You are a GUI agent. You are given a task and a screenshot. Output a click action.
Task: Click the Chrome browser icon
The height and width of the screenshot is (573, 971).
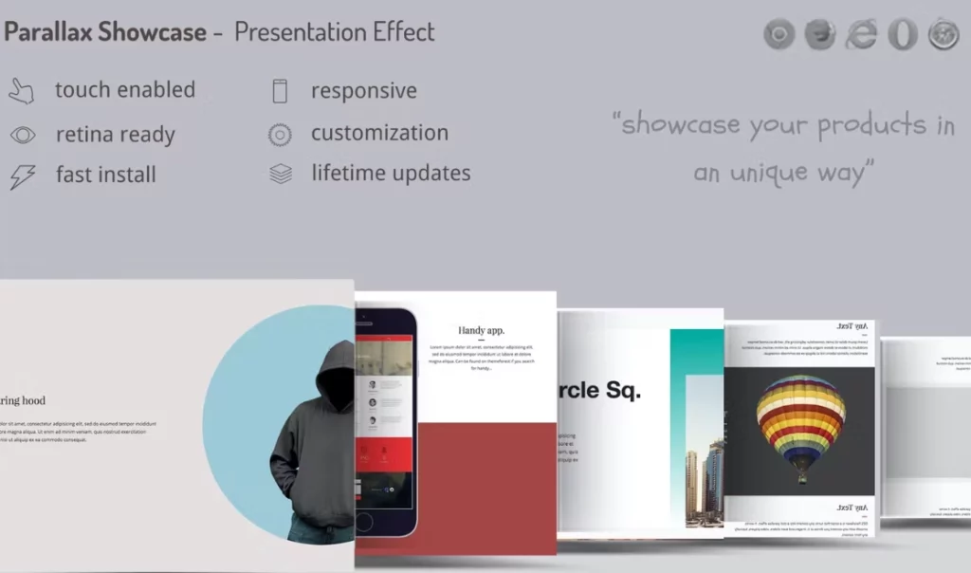click(779, 35)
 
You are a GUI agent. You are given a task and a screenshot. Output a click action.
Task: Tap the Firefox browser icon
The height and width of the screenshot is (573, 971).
click(820, 35)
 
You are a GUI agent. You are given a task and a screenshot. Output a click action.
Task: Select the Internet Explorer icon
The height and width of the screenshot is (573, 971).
click(861, 35)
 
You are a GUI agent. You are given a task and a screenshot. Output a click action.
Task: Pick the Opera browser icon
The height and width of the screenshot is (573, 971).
click(902, 35)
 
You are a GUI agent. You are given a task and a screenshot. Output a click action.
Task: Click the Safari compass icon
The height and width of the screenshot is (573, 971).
click(944, 35)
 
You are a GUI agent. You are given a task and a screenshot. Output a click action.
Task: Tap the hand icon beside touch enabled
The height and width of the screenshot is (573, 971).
click(21, 91)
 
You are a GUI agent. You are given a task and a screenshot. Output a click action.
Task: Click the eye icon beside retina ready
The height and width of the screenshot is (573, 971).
click(23, 135)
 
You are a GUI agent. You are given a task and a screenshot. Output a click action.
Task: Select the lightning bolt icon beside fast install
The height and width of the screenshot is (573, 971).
click(22, 176)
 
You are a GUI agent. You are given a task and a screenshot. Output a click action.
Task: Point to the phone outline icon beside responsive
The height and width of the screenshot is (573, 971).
click(280, 91)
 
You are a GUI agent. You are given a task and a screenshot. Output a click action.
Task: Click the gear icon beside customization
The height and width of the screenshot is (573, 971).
click(280, 135)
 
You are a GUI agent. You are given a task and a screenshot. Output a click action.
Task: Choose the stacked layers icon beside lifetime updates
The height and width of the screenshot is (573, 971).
click(280, 175)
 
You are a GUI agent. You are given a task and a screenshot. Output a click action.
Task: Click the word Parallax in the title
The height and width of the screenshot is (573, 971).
click(48, 32)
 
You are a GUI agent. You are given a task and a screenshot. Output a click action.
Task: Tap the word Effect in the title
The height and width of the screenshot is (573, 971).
click(400, 32)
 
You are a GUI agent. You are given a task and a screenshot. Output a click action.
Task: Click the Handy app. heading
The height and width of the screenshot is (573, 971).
click(482, 330)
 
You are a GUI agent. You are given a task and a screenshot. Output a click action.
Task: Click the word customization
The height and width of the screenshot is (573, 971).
click(379, 134)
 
